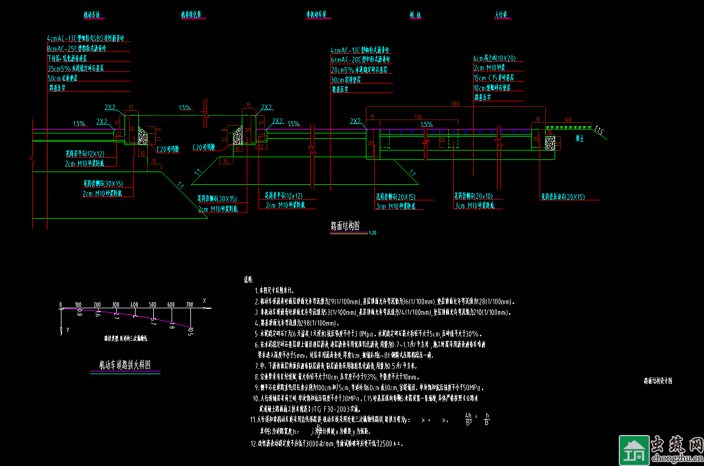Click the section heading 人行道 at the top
[502, 15]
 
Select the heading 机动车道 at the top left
[91, 15]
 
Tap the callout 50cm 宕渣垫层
[63, 78]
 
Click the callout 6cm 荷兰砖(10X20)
[494, 58]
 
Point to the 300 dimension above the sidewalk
[455, 103]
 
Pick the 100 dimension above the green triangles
[567, 120]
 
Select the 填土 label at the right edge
[581, 139]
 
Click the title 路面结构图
[345, 226]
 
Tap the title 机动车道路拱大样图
[125, 365]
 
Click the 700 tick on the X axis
[190, 305]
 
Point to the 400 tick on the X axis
[134, 305]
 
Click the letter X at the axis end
[204, 301]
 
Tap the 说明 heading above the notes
[248, 280]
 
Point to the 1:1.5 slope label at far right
[599, 131]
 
